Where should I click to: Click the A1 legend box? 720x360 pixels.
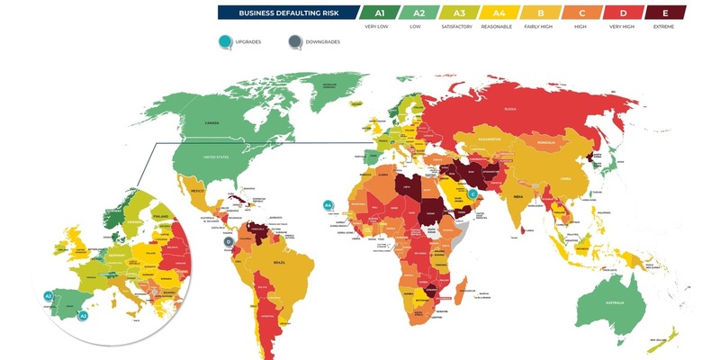click(380, 13)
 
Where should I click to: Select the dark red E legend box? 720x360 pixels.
click(665, 13)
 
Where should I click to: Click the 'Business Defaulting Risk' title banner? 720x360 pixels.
click(287, 13)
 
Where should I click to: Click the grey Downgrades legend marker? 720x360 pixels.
click(294, 41)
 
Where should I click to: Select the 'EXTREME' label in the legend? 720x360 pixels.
click(665, 27)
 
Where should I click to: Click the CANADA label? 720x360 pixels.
click(212, 122)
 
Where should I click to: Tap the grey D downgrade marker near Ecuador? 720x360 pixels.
click(229, 241)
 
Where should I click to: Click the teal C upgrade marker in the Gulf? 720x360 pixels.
click(472, 193)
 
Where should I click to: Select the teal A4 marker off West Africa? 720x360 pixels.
click(328, 205)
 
